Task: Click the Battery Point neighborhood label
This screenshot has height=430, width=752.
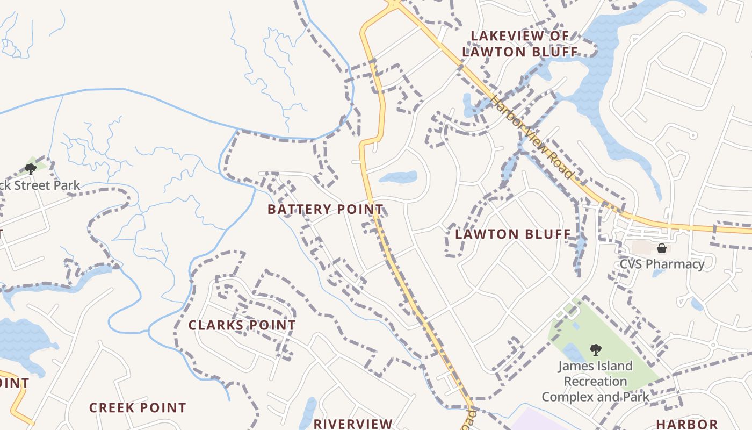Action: pyautogui.click(x=326, y=209)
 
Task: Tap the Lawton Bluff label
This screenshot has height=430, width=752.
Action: pyautogui.click(x=512, y=234)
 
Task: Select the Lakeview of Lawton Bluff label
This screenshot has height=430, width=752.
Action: pyautogui.click(x=519, y=44)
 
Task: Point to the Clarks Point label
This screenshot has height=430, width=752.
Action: pyautogui.click(x=242, y=325)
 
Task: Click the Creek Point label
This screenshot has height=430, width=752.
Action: pyautogui.click(x=138, y=408)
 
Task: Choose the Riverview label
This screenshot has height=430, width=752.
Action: pyautogui.click(x=353, y=424)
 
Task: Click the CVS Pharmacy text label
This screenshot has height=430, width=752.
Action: pyautogui.click(x=662, y=264)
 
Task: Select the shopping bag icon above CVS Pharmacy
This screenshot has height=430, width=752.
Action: pyautogui.click(x=662, y=248)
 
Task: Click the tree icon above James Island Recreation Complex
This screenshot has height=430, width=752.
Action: pyautogui.click(x=595, y=350)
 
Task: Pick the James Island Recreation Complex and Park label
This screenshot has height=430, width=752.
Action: pyautogui.click(x=595, y=382)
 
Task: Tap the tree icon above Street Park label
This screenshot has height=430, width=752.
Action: pyautogui.click(x=31, y=169)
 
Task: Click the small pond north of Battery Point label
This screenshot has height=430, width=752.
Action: pyautogui.click(x=398, y=177)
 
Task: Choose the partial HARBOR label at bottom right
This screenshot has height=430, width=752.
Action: pyautogui.click(x=687, y=424)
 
